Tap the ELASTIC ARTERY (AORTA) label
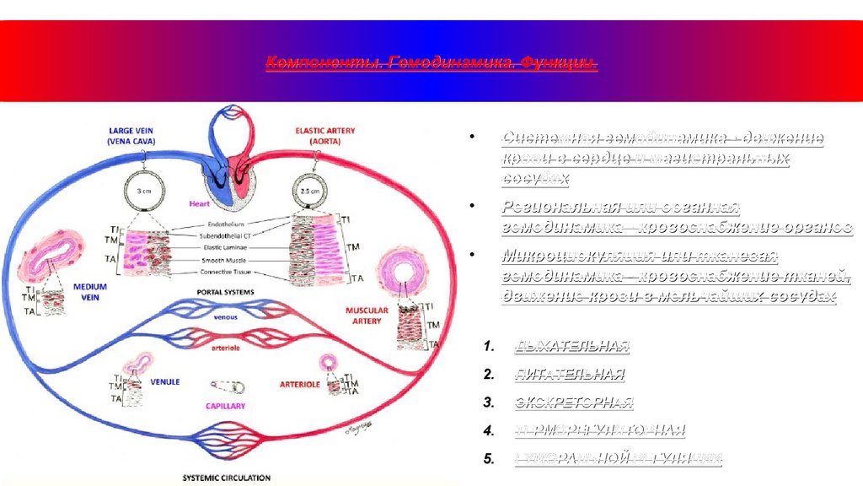(324, 136)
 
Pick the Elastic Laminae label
(226, 249)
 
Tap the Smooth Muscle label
(226, 261)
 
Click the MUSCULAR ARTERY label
(367, 315)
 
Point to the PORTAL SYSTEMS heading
(225, 292)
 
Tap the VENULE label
(165, 381)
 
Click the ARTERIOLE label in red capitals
(299, 384)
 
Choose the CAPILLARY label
(225, 406)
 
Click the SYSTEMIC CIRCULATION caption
(227, 478)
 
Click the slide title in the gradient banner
(431, 64)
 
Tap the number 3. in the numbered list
(489, 402)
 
